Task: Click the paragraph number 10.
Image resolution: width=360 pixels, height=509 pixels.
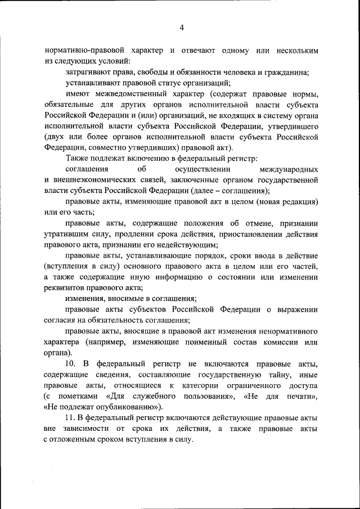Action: point(70,363)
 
